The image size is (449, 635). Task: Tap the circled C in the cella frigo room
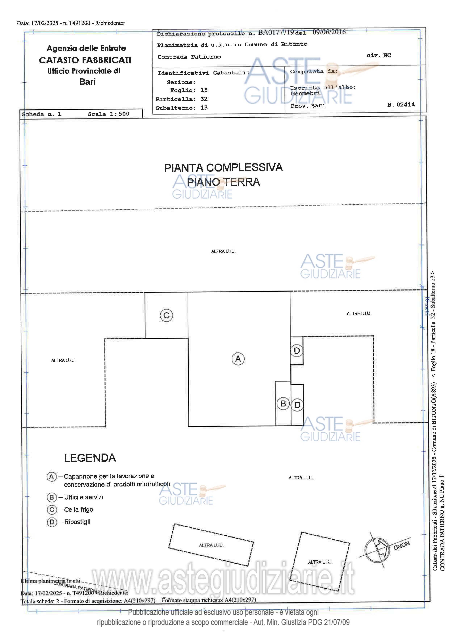(x=166, y=315)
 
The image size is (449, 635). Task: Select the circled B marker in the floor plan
(x=283, y=404)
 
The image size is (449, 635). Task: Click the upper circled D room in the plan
(x=297, y=351)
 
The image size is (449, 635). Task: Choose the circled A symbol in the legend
(x=51, y=477)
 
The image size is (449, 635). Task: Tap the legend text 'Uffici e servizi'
(x=83, y=497)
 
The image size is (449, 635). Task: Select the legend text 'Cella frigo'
(x=79, y=509)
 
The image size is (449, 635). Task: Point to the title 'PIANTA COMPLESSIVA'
(x=223, y=168)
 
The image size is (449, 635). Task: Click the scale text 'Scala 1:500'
(x=109, y=114)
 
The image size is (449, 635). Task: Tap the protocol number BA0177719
(x=276, y=32)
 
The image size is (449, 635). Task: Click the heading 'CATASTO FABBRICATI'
(x=85, y=60)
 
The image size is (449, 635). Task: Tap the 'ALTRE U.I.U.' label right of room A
(x=359, y=313)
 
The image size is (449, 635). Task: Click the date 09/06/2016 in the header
(x=329, y=32)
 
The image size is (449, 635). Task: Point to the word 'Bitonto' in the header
(x=294, y=44)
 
